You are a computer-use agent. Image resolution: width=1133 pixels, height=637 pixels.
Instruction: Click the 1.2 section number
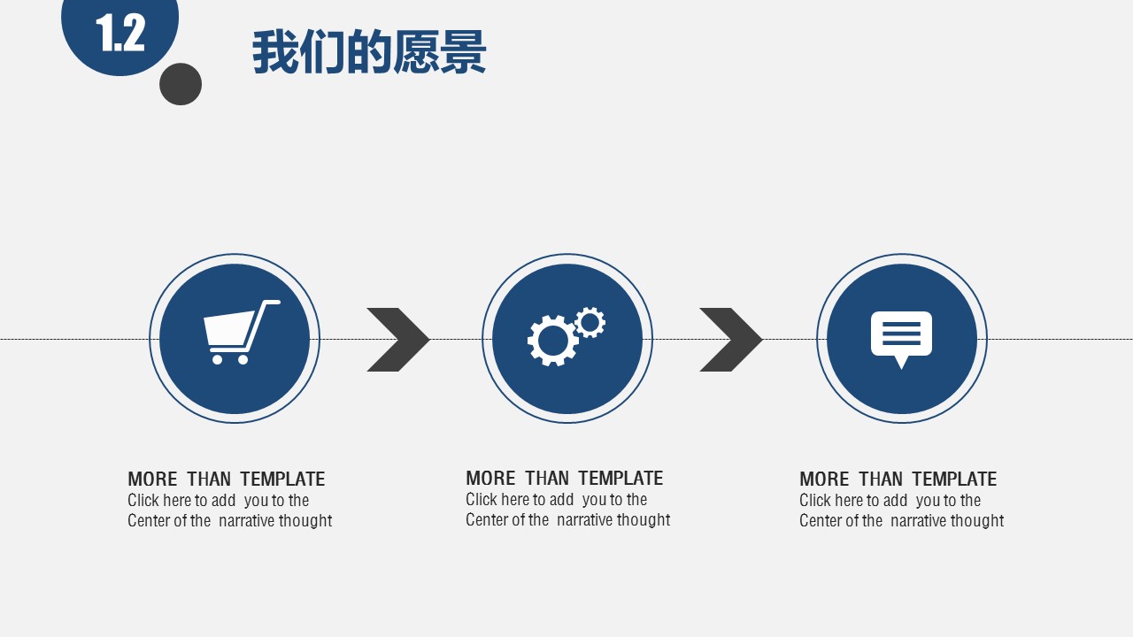pyautogui.click(x=120, y=34)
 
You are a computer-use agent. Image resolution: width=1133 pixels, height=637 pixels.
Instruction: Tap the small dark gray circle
pyautogui.click(x=181, y=84)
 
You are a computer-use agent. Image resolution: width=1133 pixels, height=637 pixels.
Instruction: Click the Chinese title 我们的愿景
pyautogui.click(x=369, y=53)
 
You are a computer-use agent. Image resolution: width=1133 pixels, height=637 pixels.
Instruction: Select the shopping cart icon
pyautogui.click(x=237, y=331)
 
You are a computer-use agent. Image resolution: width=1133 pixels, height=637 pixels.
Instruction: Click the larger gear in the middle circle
pyautogui.click(x=552, y=341)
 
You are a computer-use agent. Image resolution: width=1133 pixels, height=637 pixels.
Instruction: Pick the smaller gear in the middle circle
pyautogui.click(x=590, y=322)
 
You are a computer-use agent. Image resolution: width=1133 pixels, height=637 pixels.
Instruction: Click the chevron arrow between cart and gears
pyautogui.click(x=399, y=340)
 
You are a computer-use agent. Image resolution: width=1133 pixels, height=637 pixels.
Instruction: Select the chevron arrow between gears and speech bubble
pyautogui.click(x=732, y=340)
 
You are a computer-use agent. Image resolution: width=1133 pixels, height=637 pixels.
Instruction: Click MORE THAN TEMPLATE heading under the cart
pyautogui.click(x=226, y=480)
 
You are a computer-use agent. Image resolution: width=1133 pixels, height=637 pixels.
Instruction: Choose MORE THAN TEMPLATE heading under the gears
pyautogui.click(x=564, y=479)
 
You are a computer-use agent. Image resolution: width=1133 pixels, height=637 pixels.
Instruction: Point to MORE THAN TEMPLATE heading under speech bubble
pyautogui.click(x=898, y=480)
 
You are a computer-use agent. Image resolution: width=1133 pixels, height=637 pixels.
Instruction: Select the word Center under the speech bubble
pyautogui.click(x=820, y=521)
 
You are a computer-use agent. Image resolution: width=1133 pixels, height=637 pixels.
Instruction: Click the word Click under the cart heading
pyautogui.click(x=143, y=501)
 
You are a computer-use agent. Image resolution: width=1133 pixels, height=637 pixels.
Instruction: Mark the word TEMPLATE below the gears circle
pyautogui.click(x=620, y=479)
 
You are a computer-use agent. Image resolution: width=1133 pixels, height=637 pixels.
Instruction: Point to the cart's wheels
pyautogui.click(x=229, y=359)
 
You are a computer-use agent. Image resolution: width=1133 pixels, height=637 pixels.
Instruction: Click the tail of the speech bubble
pyautogui.click(x=901, y=362)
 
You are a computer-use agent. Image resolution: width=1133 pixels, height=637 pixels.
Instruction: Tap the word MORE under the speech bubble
pyautogui.click(x=824, y=480)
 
